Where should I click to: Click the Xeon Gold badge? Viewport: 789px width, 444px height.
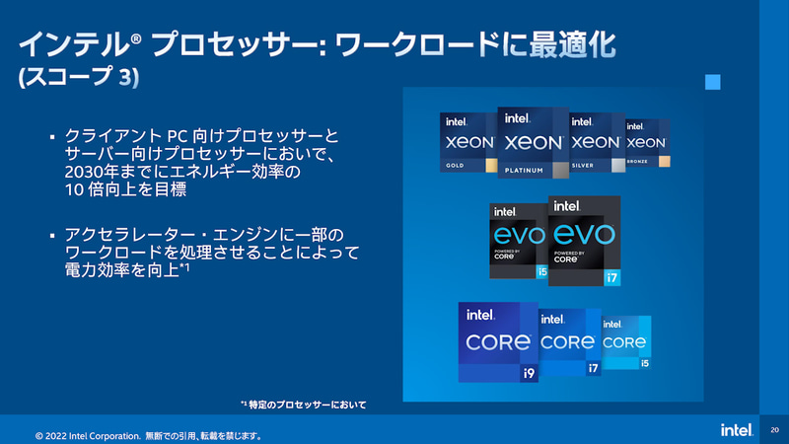(467, 141)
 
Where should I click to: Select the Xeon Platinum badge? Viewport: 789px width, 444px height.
(534, 142)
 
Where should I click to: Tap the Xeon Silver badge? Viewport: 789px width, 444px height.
(597, 142)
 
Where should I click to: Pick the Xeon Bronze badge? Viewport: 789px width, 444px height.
(648, 142)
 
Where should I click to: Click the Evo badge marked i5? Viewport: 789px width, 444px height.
(516, 240)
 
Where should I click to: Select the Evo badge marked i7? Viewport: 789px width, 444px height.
(585, 240)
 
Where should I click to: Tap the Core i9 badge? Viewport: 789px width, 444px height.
(496, 342)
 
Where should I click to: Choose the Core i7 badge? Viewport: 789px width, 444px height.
(569, 342)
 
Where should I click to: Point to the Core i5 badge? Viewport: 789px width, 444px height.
(626, 342)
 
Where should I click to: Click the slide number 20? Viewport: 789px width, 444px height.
(773, 430)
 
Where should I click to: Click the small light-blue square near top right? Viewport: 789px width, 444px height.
(712, 83)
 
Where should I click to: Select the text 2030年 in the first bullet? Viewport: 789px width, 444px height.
(84, 171)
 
